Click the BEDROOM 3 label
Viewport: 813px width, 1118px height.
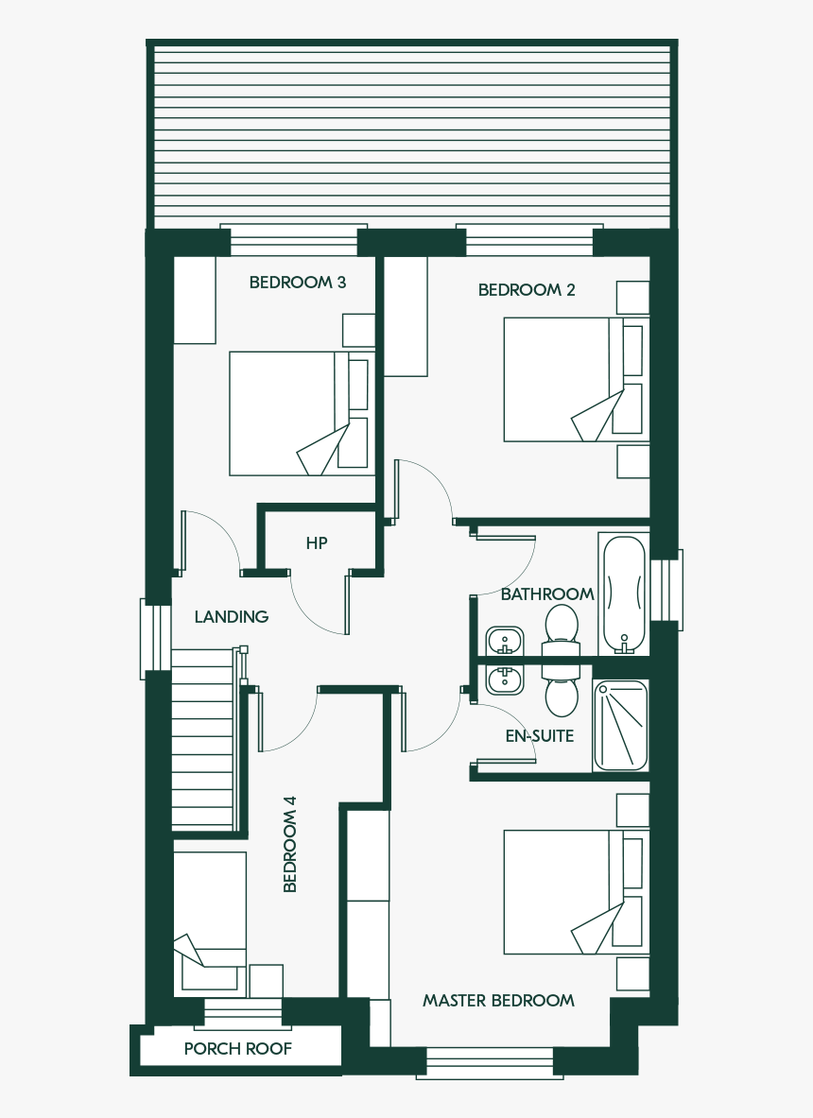tap(298, 283)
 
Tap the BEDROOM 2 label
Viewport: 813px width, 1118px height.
tap(527, 290)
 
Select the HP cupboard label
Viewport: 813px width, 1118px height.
tap(317, 543)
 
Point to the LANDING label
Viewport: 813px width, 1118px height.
tap(232, 617)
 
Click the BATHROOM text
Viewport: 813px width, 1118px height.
tap(547, 593)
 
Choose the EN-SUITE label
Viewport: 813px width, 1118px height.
tap(540, 736)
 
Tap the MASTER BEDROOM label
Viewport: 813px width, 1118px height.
tap(498, 1001)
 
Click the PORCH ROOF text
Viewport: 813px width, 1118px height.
tap(238, 1049)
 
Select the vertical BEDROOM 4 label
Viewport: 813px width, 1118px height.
tap(289, 844)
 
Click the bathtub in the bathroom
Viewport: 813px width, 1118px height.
tap(625, 593)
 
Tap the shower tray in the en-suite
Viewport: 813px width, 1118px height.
tap(621, 725)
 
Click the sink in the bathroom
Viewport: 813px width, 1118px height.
tap(505, 642)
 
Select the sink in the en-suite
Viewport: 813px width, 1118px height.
tap(505, 680)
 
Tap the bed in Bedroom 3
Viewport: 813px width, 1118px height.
tap(303, 414)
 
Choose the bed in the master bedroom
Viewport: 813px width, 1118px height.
tap(577, 892)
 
